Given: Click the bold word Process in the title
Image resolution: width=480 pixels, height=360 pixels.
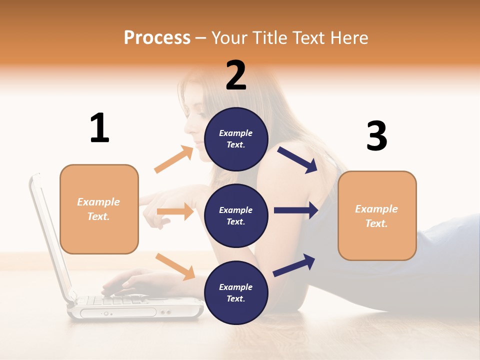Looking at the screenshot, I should [x=157, y=38].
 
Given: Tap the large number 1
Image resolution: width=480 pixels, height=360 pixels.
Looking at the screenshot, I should [x=99, y=128].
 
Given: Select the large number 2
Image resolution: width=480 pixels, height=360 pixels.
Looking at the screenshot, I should [x=236, y=76].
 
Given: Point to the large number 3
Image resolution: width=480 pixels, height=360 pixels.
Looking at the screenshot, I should [x=376, y=136].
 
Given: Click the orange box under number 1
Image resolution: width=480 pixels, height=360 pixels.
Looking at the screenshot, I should [x=99, y=209].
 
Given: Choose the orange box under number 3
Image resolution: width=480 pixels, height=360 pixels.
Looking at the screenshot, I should [x=377, y=216].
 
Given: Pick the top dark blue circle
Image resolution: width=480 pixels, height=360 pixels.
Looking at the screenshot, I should [x=236, y=139].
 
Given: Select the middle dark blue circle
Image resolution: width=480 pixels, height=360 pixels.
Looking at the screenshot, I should [x=236, y=216].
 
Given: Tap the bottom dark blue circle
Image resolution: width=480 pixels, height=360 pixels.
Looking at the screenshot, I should [x=236, y=293].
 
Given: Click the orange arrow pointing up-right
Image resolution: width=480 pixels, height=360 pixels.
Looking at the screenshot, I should [x=173, y=159].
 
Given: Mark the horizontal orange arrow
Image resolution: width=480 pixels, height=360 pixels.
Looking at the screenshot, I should [x=175, y=212].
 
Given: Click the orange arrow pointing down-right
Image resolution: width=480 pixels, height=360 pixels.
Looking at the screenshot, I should [x=175, y=266].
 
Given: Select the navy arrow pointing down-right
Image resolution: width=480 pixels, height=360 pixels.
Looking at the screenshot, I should [x=297, y=160].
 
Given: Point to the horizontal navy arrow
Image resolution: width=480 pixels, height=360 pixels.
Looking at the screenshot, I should [x=296, y=210].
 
